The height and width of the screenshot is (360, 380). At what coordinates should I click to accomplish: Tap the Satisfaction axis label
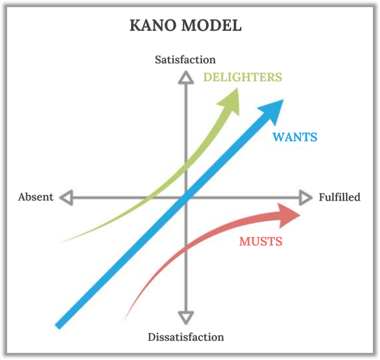point(185,60)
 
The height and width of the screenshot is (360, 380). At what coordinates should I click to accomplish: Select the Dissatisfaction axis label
point(185,337)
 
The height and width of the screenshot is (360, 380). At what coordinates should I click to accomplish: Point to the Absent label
point(36,197)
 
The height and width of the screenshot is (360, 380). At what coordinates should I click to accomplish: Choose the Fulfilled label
point(339,197)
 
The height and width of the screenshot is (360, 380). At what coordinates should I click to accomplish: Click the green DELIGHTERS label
point(242,77)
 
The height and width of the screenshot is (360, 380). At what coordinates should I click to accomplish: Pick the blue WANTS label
point(295,137)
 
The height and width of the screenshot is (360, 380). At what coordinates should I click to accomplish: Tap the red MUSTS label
point(261,241)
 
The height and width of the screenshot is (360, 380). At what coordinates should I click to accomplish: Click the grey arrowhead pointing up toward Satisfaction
point(186,77)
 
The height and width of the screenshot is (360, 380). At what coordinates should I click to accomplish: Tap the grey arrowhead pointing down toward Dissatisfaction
point(186,318)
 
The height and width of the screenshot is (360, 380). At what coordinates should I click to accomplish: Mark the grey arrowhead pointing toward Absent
point(67,197)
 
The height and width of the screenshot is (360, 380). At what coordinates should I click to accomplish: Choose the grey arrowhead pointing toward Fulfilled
point(305,197)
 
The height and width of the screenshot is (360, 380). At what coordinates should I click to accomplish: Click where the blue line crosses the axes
point(185,198)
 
